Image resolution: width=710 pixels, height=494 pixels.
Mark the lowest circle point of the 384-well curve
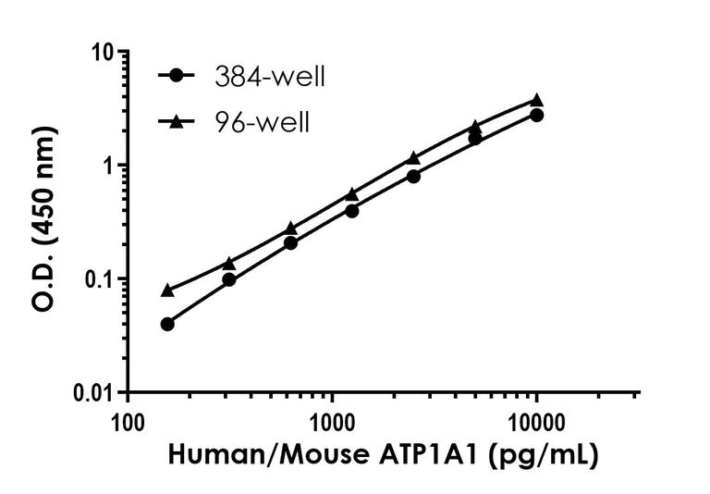[167, 324]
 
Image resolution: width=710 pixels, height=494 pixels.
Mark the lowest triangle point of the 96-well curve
[167, 290]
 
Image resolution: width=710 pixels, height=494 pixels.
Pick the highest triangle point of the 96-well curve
[536, 100]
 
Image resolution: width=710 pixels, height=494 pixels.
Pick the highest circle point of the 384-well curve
[536, 115]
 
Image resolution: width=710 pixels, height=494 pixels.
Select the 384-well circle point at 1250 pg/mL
[351, 211]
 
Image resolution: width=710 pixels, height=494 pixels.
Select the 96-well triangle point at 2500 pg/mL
[413, 158]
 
